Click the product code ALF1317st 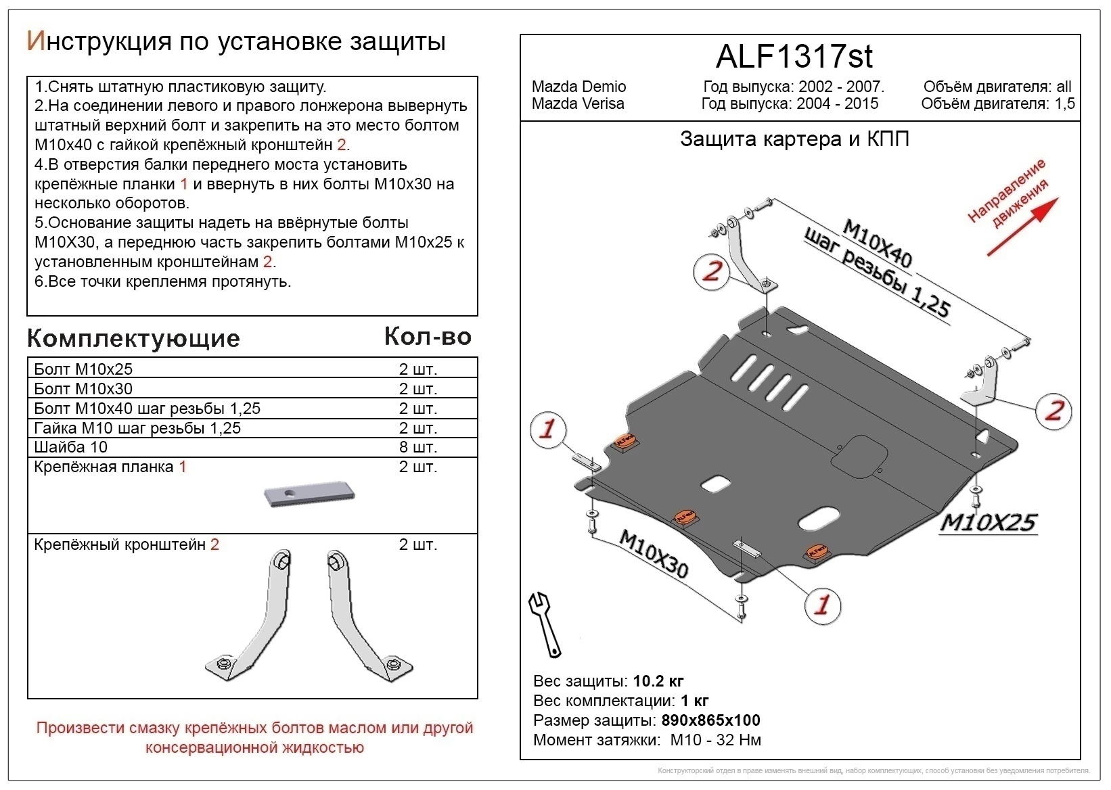794,57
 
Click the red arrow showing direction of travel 1023,227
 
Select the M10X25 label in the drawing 989,522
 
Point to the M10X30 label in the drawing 653,553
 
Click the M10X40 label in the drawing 878,243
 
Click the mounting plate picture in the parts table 309,494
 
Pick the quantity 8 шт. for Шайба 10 418,447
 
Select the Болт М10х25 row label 83,369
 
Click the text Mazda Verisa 578,103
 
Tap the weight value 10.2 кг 658,681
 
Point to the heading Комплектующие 133,338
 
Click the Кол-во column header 428,336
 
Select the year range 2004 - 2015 837,103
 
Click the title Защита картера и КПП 794,139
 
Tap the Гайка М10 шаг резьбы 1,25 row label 137,428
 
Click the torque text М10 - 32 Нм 715,740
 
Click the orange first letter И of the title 37,41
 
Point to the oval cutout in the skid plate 819,518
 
